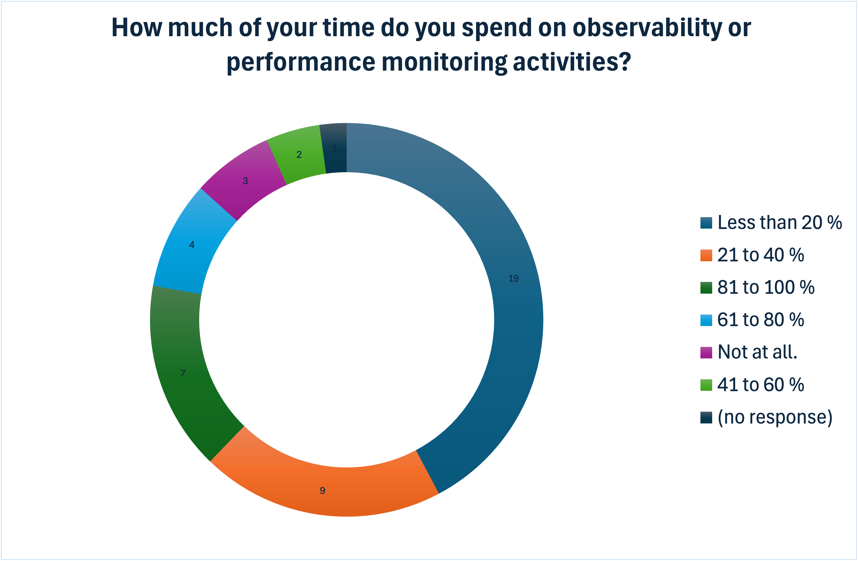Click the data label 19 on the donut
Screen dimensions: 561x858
[513, 278]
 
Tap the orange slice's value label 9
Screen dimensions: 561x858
[322, 491]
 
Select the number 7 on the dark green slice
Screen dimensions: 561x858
[183, 373]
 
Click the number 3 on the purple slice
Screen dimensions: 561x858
[245, 181]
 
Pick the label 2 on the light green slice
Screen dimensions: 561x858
[299, 155]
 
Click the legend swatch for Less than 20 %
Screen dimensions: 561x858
[706, 223]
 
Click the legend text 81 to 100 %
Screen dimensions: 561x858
[766, 288]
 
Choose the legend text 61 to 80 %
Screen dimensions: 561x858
[761, 320]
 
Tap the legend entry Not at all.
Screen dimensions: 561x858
[757, 352]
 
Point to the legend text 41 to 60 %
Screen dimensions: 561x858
[761, 385]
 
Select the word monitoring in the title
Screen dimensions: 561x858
[444, 62]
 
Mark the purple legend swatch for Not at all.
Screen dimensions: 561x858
[706, 352]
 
